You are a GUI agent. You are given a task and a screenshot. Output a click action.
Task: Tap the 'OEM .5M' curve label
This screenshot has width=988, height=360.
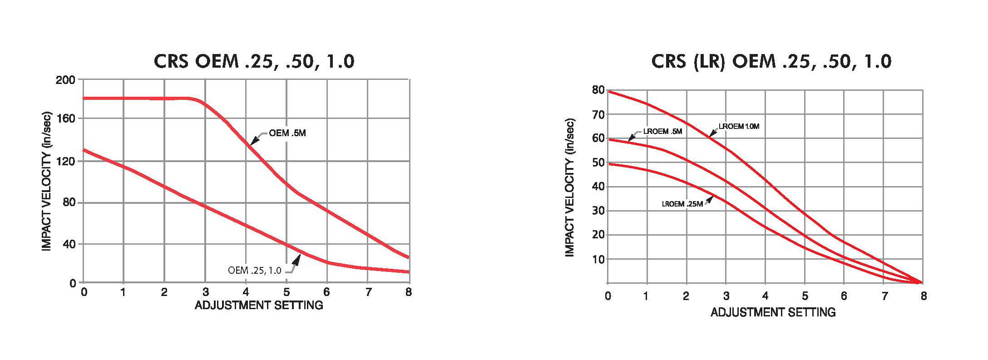tap(287, 133)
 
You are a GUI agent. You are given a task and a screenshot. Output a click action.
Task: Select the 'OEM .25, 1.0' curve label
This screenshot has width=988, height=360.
tap(255, 271)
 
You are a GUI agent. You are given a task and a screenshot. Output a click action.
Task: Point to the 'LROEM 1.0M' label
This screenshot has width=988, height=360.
tap(739, 126)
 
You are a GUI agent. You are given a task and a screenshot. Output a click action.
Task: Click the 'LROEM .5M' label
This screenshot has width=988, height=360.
tap(662, 131)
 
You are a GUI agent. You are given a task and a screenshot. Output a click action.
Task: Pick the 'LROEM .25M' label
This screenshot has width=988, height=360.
tap(682, 204)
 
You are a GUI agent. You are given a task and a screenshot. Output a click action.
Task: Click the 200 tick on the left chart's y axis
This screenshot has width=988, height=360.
tap(65, 80)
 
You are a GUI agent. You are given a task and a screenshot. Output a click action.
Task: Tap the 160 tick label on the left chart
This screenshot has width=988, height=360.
tap(65, 118)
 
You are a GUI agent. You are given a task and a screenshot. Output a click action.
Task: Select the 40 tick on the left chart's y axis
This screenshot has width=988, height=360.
tap(69, 244)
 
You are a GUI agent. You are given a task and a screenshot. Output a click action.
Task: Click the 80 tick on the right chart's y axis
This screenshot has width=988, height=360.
tap(598, 90)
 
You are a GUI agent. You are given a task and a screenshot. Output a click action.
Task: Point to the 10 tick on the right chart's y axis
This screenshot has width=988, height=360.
tap(598, 259)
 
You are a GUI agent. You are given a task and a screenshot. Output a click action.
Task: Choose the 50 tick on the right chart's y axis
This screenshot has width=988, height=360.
tap(598, 163)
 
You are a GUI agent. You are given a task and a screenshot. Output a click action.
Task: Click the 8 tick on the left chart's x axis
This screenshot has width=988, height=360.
tap(409, 292)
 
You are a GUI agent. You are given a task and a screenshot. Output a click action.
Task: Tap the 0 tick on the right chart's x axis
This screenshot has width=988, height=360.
tap(608, 296)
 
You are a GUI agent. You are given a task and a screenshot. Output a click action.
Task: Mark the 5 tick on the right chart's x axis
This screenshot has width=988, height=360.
tap(805, 296)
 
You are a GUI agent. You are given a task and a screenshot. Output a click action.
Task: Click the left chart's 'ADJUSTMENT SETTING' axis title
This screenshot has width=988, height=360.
tap(259, 305)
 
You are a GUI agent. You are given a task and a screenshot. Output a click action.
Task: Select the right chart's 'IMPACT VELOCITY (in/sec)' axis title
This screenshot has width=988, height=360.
tap(570, 187)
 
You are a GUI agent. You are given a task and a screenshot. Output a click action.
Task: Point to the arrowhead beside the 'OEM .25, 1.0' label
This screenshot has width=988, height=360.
tap(296, 260)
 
